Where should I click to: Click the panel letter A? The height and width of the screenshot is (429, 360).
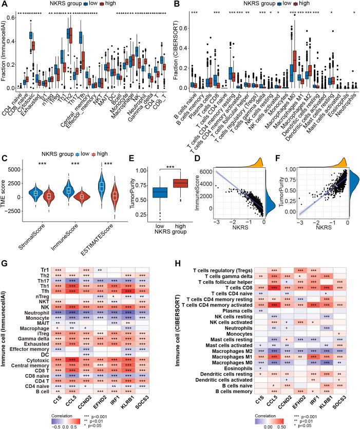coord(5,5)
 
